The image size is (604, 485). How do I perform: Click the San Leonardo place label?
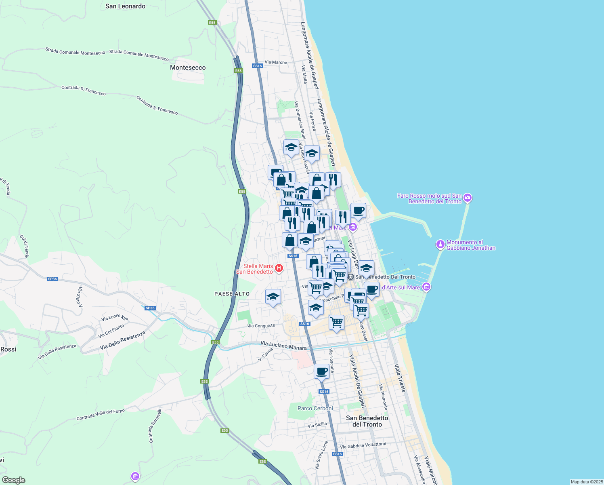(125, 6)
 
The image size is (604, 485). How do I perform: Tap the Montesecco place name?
(188, 67)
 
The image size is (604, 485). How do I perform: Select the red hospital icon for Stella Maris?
(279, 268)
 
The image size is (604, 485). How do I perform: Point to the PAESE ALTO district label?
(232, 294)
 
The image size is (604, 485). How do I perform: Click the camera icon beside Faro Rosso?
(468, 198)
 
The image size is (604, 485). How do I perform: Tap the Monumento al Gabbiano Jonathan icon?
(440, 245)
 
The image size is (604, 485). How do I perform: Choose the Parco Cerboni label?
(315, 408)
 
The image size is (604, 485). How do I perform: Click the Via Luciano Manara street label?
(283, 345)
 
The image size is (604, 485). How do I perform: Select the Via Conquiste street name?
(261, 326)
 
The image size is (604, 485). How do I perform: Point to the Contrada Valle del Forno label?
(101, 415)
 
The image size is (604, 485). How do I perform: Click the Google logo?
(14, 480)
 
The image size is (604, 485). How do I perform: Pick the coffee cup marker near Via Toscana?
(321, 371)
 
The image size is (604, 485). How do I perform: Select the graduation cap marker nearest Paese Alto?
(273, 297)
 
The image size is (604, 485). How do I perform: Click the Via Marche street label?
(276, 63)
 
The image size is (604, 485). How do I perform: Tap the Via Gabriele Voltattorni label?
(363, 445)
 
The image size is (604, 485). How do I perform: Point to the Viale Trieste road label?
(400, 378)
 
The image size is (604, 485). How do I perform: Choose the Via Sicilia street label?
(317, 425)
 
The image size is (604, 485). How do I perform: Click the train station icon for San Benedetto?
(351, 277)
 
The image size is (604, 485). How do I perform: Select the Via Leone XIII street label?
(114, 318)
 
